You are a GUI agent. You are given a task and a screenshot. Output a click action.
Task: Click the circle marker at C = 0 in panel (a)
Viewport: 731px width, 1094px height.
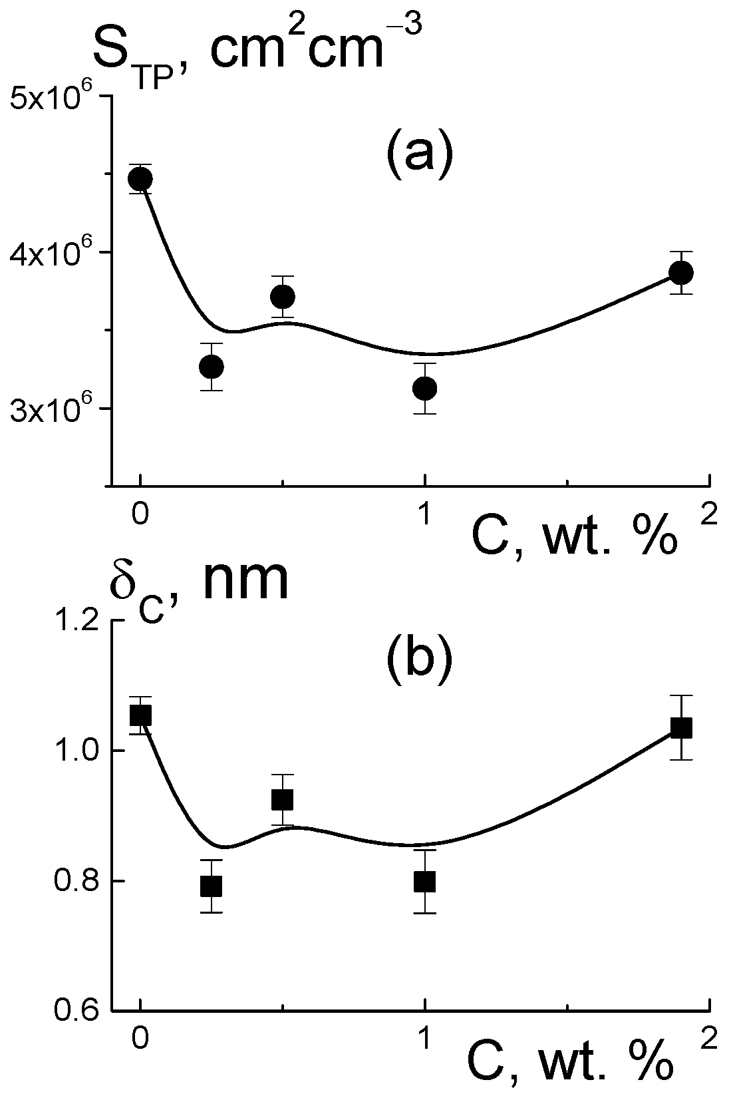(140, 178)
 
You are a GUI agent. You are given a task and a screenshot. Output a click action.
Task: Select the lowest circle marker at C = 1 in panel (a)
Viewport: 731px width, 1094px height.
(424, 388)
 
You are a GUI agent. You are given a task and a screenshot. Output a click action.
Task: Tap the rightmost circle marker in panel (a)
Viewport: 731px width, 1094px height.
(681, 272)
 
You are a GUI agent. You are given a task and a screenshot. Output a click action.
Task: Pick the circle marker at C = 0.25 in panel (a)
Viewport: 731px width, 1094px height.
(211, 367)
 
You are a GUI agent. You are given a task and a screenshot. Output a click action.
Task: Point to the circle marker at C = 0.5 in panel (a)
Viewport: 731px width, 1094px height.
(283, 296)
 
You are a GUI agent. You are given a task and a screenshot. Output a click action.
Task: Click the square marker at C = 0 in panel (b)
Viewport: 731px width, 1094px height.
(140, 715)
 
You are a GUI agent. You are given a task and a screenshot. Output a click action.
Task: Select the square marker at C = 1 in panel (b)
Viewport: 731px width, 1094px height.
(424, 881)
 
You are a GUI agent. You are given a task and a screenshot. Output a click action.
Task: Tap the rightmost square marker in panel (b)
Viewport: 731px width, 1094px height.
(681, 728)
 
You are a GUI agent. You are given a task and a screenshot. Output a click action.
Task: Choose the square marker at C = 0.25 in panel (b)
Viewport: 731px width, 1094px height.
(211, 886)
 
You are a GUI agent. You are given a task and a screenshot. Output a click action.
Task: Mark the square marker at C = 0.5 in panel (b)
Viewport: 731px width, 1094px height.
(283, 799)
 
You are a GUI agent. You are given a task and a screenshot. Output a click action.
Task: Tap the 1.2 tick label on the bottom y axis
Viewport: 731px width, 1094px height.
(74, 621)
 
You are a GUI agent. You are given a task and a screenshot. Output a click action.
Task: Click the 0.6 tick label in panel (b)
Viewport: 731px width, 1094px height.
(74, 1012)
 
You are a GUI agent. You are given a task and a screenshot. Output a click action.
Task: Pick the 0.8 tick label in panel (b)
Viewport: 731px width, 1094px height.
(74, 882)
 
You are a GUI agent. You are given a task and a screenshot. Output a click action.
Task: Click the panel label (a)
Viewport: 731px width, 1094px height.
(419, 154)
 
